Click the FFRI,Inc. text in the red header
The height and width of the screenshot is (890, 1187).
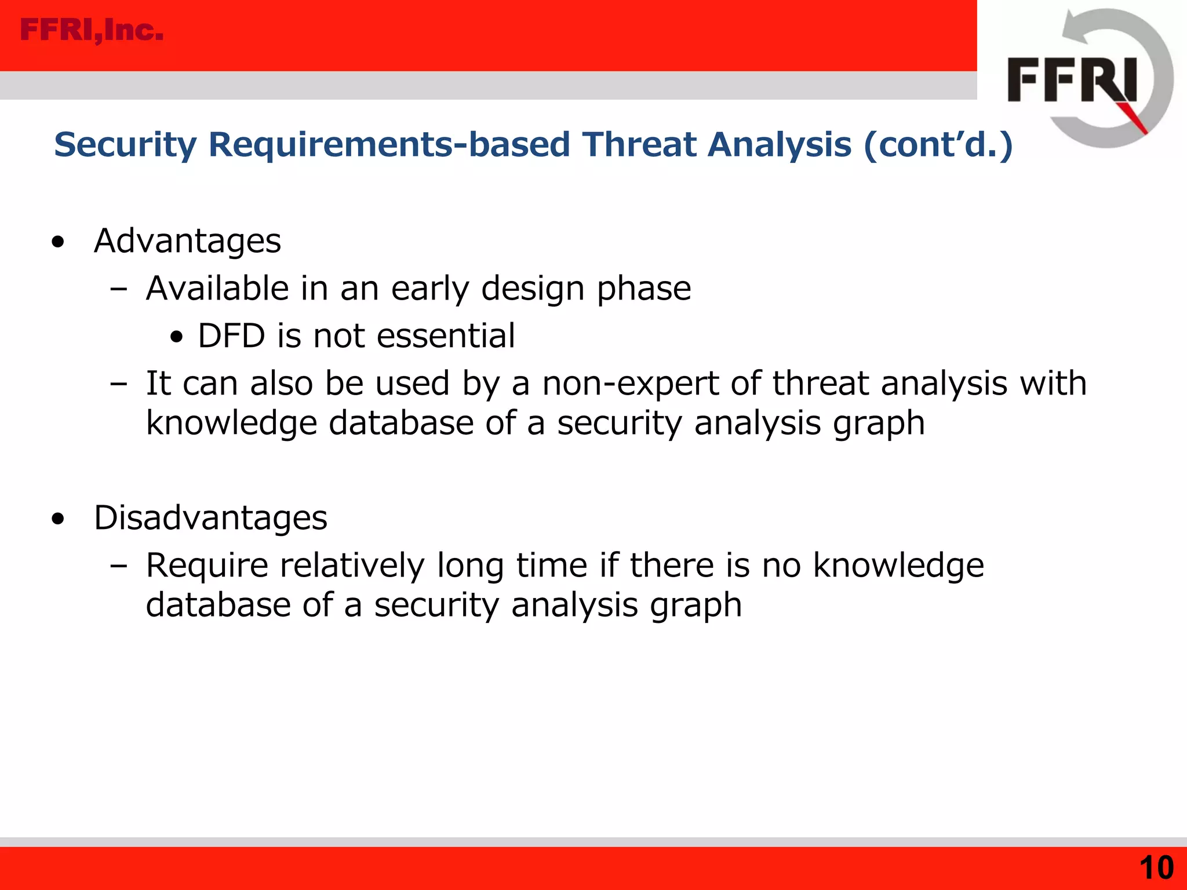(92, 30)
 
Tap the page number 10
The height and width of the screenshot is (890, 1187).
(1156, 868)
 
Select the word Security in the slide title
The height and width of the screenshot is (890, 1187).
(125, 144)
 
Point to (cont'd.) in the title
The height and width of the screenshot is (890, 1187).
(938, 144)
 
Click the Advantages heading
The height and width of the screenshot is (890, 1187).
(187, 240)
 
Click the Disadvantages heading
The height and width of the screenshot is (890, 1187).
(210, 517)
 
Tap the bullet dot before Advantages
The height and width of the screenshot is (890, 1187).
(57, 242)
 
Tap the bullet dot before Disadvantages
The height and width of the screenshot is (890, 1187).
(57, 519)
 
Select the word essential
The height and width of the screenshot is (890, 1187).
(445, 335)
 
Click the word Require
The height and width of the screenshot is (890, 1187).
(207, 565)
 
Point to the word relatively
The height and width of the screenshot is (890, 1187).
(352, 565)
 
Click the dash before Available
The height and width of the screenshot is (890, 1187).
(118, 289)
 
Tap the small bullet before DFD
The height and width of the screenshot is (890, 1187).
(177, 337)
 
